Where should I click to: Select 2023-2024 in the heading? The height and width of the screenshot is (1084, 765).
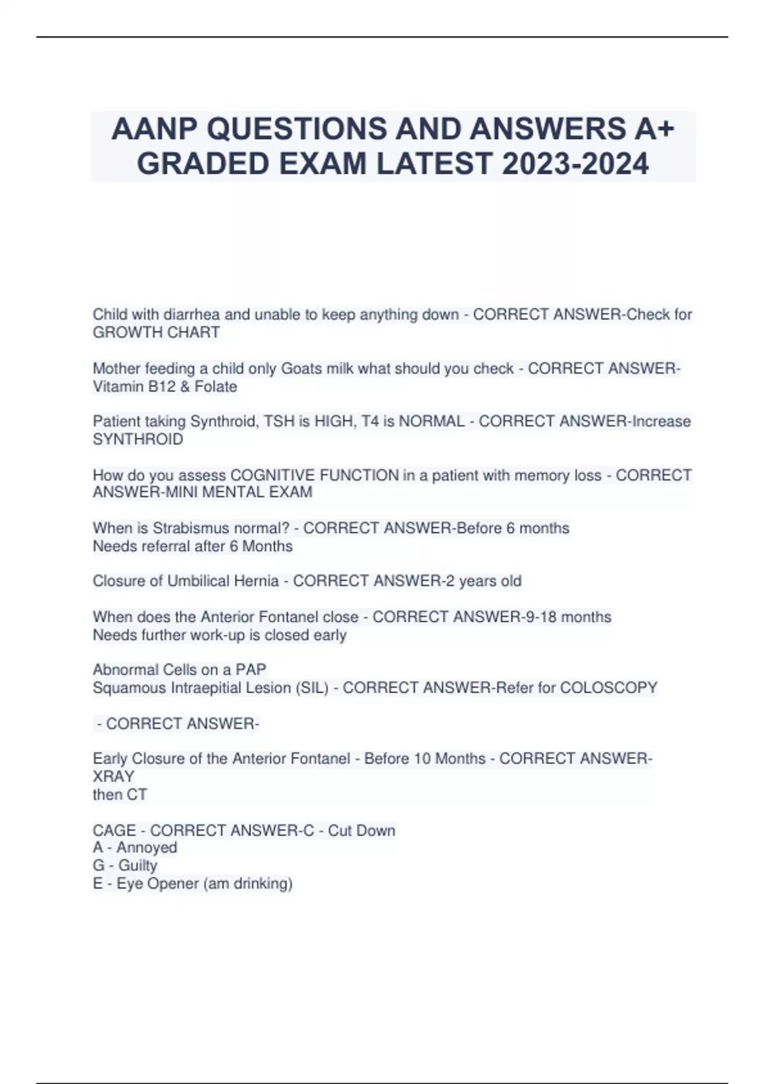point(575,164)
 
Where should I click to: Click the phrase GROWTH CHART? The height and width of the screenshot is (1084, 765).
point(156,332)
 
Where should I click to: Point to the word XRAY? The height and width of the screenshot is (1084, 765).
point(113,777)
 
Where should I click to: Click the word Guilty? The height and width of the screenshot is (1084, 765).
point(138,865)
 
